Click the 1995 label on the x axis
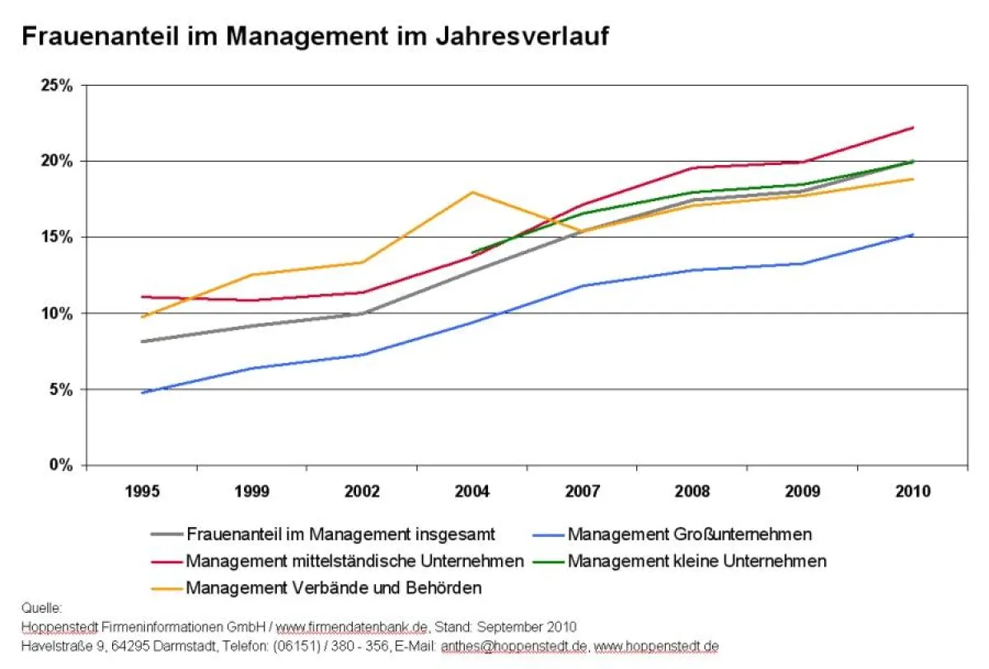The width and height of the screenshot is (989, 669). (x=142, y=492)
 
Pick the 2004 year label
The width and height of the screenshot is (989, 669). (x=472, y=492)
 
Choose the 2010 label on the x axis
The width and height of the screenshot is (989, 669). (x=912, y=492)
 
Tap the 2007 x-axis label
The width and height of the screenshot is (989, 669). (x=582, y=492)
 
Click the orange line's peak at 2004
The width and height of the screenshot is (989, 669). (x=472, y=192)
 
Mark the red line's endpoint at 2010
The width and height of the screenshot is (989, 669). (x=912, y=128)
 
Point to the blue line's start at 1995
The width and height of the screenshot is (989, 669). (x=143, y=393)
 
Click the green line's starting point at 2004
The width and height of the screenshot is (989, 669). (x=472, y=252)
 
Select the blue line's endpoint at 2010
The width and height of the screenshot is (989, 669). (x=912, y=234)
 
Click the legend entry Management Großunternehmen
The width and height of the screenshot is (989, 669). (x=689, y=535)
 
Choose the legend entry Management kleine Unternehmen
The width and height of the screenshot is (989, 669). (x=696, y=561)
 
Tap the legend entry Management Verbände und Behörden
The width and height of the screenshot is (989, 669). (x=334, y=588)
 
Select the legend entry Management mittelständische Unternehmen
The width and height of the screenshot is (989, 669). (x=354, y=561)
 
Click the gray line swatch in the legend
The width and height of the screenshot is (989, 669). (x=166, y=535)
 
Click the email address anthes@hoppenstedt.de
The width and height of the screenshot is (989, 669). (x=514, y=645)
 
